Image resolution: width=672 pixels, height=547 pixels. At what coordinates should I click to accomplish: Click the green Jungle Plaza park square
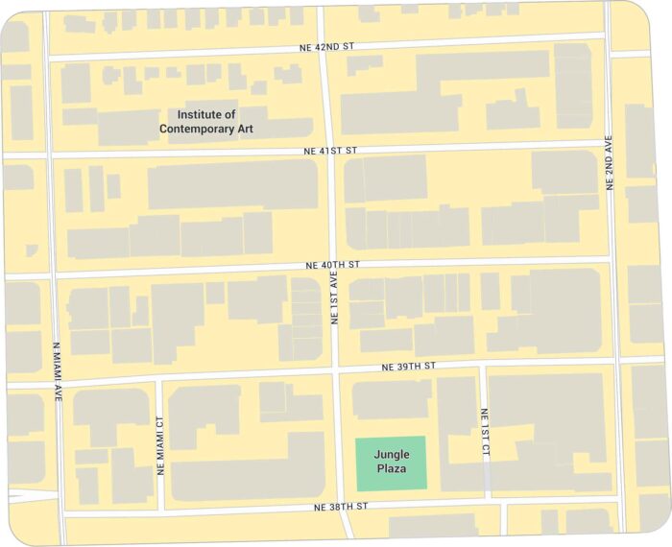click(391, 462)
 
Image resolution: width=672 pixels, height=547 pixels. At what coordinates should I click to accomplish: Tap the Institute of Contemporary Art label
click(206, 121)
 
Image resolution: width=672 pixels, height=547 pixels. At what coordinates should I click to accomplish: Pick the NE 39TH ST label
click(407, 367)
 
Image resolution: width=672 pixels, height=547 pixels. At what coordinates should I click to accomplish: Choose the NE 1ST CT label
click(485, 433)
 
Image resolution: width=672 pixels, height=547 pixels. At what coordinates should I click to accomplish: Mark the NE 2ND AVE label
click(609, 163)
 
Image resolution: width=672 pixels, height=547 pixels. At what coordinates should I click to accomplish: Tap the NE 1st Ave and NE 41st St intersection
click(326, 151)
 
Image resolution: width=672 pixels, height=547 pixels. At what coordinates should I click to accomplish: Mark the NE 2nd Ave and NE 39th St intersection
click(617, 361)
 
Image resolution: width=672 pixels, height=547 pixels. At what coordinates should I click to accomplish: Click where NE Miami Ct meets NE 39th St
click(158, 379)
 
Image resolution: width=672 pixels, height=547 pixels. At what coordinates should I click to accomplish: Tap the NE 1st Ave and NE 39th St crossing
click(335, 370)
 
